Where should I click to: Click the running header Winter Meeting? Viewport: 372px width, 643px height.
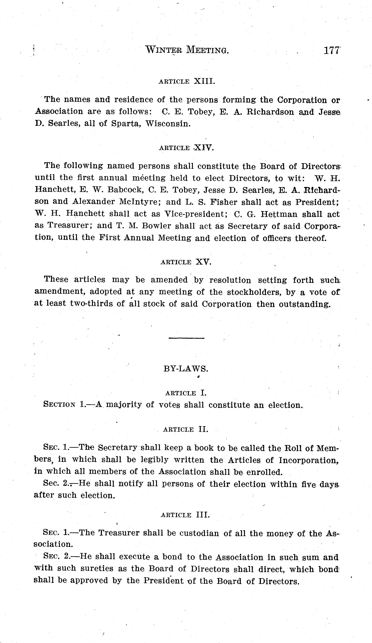pyautogui.click(x=187, y=50)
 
